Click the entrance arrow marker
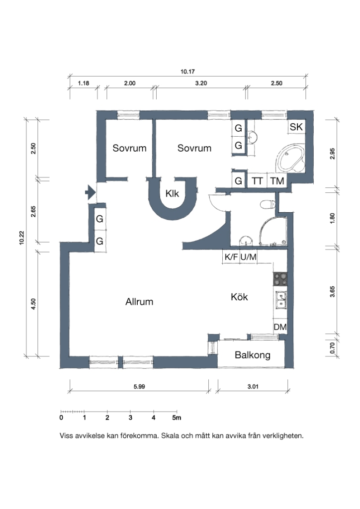pyautogui.click(x=90, y=192)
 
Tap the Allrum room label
pyautogui.click(x=139, y=302)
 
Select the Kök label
pyautogui.click(x=239, y=297)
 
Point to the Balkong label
pyautogui.click(x=253, y=355)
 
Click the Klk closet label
pyautogui.click(x=172, y=193)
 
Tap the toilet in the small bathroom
pyautogui.click(x=268, y=204)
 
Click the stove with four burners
pyautogui.click(x=280, y=279)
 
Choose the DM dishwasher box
pyautogui.click(x=280, y=327)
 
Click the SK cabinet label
pyautogui.click(x=296, y=127)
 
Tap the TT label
pyautogui.click(x=257, y=181)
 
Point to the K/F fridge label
pyautogui.click(x=231, y=257)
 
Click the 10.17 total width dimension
pyautogui.click(x=187, y=72)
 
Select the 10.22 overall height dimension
pyautogui.click(x=22, y=238)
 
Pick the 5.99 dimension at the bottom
pyautogui.click(x=139, y=386)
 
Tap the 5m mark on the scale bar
pyautogui.click(x=177, y=418)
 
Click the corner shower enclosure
pyautogui.click(x=273, y=231)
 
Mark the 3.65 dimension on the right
pyautogui.click(x=332, y=291)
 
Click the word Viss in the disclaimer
pyautogui.click(x=66, y=435)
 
